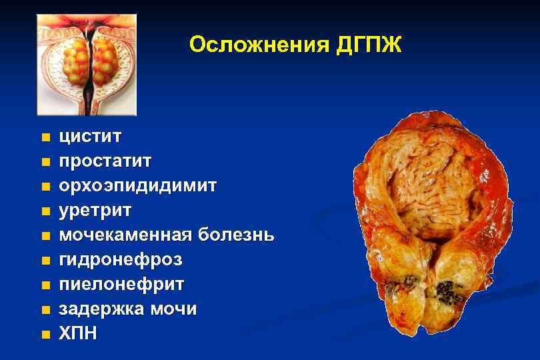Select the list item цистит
point(90,137)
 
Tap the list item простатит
point(105,161)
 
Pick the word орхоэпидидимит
point(137,186)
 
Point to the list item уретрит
point(95,211)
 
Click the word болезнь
point(236,235)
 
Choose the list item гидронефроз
point(120,259)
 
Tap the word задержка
point(100,309)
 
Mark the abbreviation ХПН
point(79,333)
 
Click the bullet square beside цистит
point(45,138)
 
